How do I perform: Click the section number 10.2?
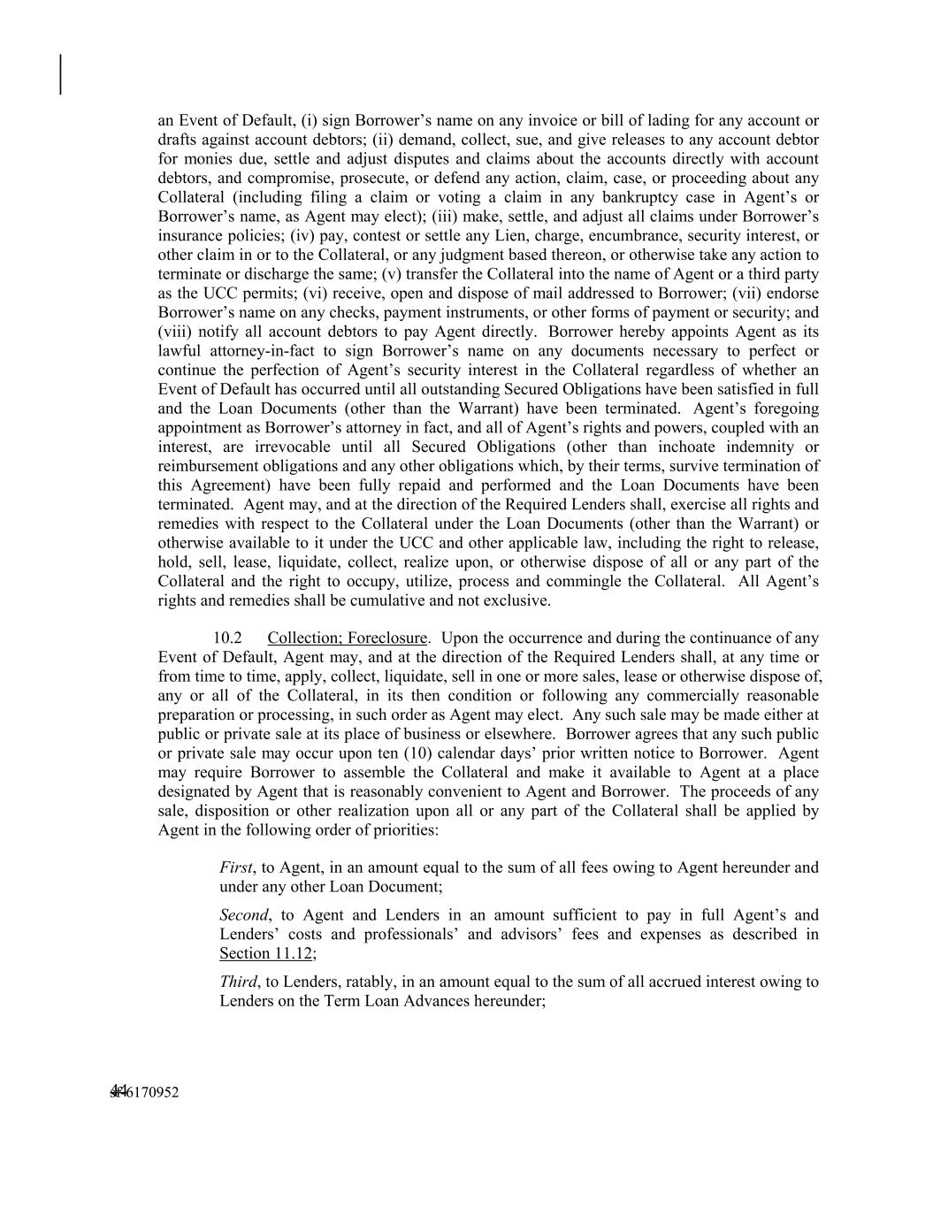click(228, 638)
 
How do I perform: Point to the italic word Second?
click(243, 915)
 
